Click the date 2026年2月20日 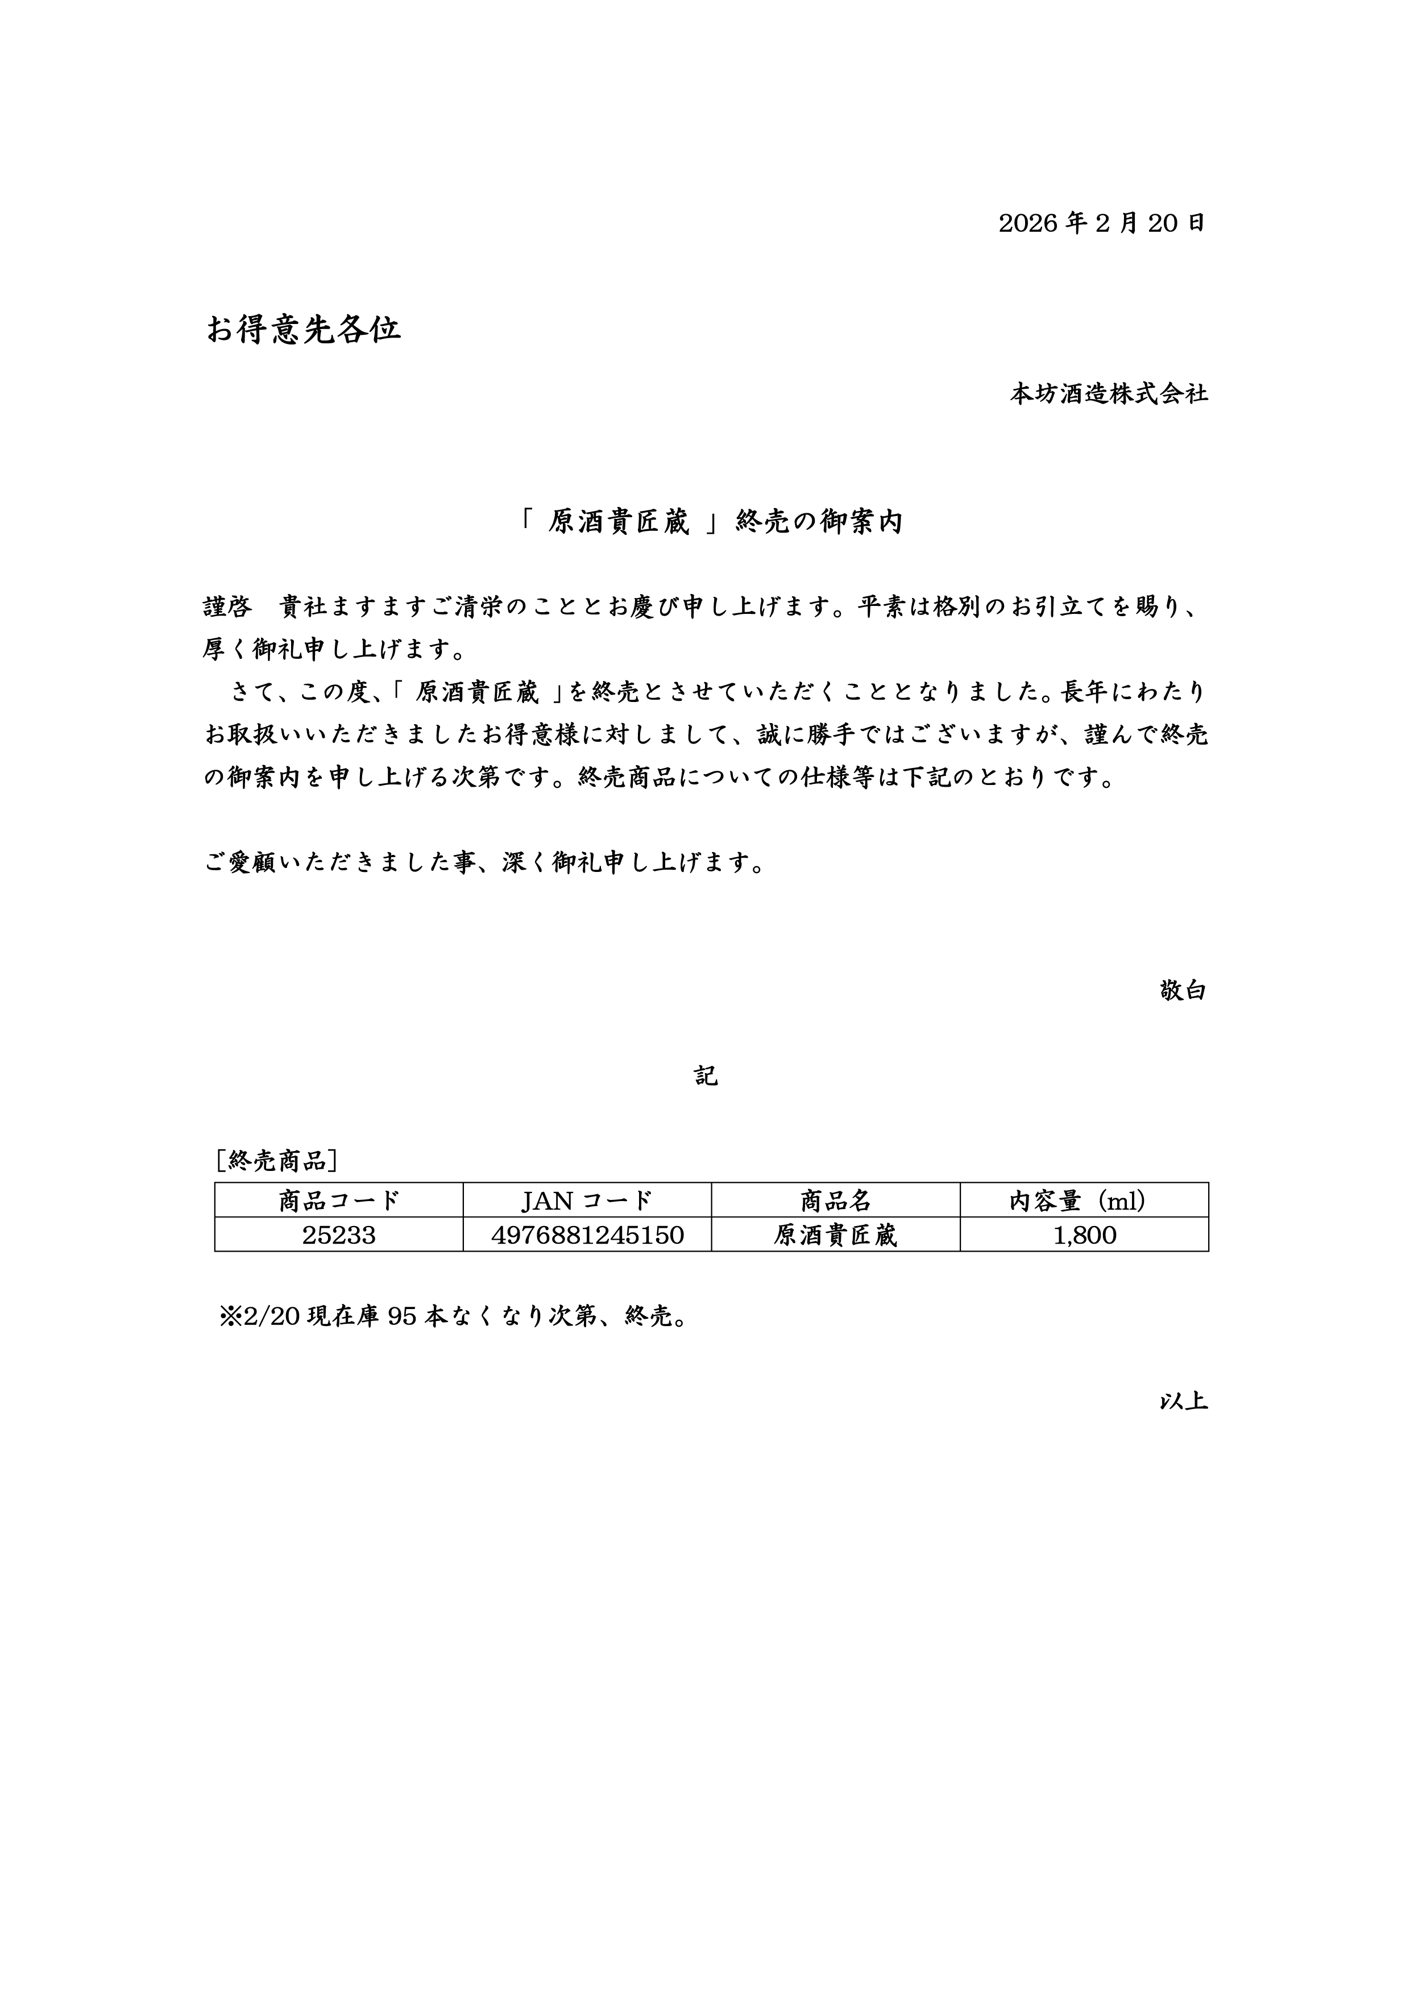[x=1101, y=223]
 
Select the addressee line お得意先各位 [x=303, y=329]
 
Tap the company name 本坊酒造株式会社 [x=1108, y=393]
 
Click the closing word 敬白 [x=1183, y=990]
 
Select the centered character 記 [x=706, y=1076]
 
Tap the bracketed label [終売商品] [x=276, y=1160]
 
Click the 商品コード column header [x=339, y=1200]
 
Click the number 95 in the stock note [x=402, y=1316]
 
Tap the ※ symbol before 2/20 [x=230, y=1316]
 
